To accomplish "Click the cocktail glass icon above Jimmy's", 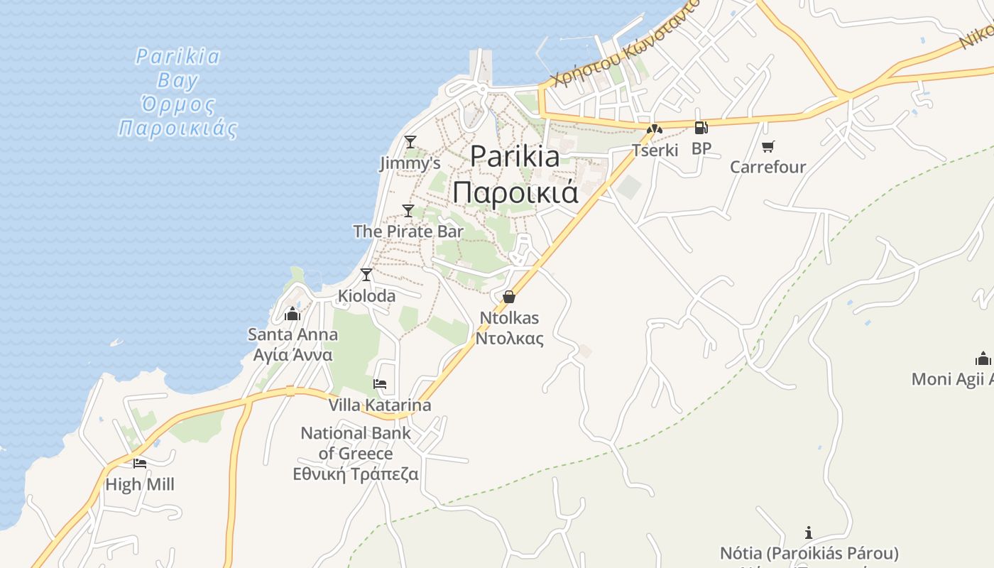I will coord(410,142).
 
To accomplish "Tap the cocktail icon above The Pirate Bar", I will coord(408,210).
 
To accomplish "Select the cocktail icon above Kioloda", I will coord(366,275).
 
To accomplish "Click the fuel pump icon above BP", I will coord(701,128).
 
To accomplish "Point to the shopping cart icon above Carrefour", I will coord(768,147).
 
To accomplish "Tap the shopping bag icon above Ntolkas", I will coord(509,297).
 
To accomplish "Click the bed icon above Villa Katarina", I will coord(380,384).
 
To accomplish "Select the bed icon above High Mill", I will coord(140,464).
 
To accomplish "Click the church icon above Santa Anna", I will coord(293,314).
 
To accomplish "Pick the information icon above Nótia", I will coord(808,532).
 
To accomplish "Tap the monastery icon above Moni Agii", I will coord(983,358).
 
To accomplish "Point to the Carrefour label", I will coord(768,167).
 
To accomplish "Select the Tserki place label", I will coord(655,150).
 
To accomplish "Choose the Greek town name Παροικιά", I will coord(515,192).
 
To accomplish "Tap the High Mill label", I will coord(140,485).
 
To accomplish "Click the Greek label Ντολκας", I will coord(509,338).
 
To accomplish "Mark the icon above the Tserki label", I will coord(654,129).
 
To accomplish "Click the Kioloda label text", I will coord(366,295).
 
